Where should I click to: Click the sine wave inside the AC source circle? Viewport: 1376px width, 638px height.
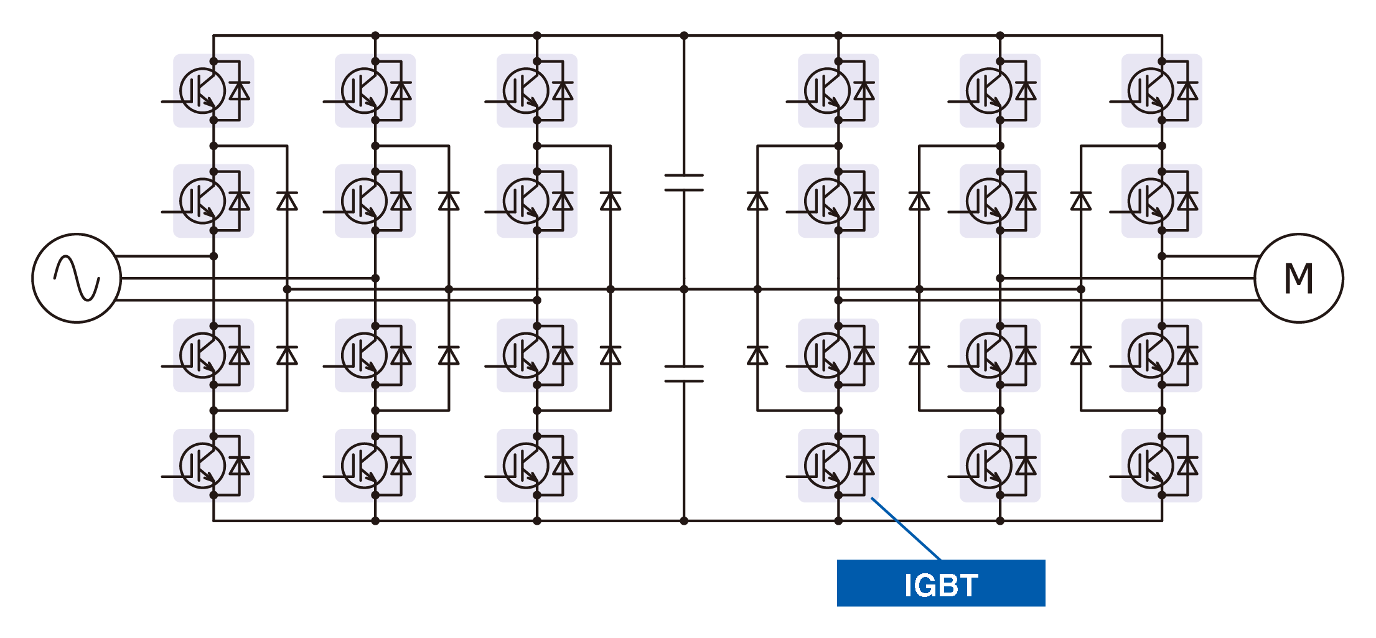(x=77, y=278)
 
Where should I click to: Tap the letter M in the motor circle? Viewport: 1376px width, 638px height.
(x=1298, y=278)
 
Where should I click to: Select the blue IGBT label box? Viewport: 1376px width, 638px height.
(x=940, y=583)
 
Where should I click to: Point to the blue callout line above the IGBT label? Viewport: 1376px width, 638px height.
(x=906, y=528)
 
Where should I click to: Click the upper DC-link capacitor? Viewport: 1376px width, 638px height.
(x=684, y=182)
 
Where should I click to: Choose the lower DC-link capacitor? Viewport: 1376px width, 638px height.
(x=684, y=373)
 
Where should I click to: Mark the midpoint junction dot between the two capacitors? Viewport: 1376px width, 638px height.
(x=684, y=289)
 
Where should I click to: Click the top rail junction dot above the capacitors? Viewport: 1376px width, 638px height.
(x=684, y=35)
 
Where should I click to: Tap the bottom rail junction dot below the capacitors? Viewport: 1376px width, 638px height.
(x=684, y=521)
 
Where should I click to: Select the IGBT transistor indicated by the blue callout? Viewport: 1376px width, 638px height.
(x=826, y=466)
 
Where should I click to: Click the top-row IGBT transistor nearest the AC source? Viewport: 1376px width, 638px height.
(x=202, y=91)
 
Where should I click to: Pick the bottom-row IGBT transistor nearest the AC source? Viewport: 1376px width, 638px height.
(x=202, y=466)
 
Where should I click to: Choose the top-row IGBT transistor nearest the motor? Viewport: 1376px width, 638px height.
(x=1151, y=91)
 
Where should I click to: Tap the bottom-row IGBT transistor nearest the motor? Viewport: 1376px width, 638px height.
(x=1151, y=466)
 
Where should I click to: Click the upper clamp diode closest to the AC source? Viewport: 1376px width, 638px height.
(x=287, y=201)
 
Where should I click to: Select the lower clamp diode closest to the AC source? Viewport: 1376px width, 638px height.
(x=287, y=355)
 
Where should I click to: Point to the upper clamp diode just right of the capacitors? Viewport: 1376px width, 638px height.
(x=757, y=201)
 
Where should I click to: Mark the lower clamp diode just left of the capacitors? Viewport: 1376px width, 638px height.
(x=611, y=355)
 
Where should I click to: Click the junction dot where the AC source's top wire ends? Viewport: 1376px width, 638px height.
(x=213, y=256)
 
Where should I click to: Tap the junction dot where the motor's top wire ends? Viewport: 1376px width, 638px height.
(x=1162, y=256)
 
